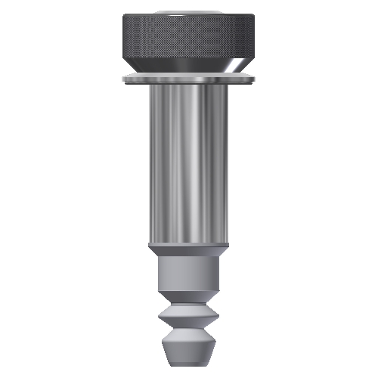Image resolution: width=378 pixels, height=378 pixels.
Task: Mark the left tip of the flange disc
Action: click(x=121, y=79)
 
